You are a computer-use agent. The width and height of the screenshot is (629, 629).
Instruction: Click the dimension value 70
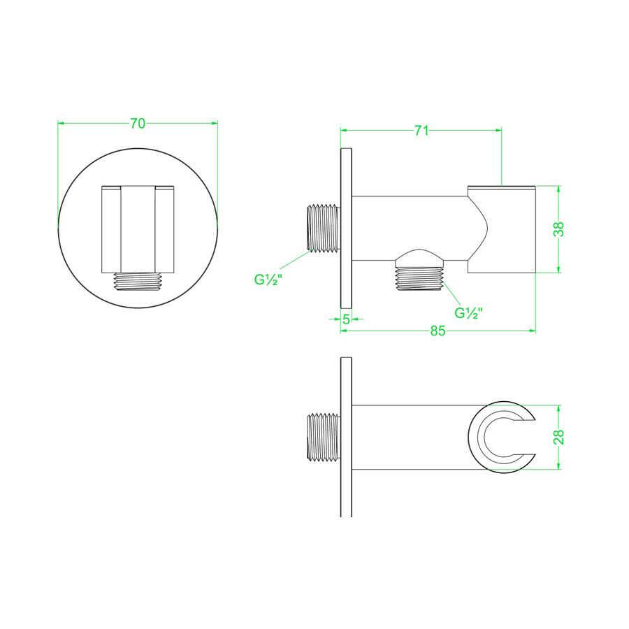click(138, 124)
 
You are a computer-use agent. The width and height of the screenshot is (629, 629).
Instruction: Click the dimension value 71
click(421, 130)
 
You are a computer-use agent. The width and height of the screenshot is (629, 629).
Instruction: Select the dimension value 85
click(438, 332)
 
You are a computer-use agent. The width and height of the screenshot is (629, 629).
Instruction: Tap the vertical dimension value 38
click(559, 229)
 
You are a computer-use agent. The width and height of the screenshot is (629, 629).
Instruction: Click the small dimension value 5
click(346, 319)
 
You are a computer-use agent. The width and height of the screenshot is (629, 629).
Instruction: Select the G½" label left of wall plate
click(267, 281)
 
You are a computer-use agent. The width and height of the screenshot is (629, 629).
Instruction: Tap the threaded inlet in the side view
click(323, 227)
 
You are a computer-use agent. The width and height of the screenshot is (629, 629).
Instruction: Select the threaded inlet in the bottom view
click(323, 438)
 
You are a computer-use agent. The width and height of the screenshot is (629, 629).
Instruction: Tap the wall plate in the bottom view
click(346, 437)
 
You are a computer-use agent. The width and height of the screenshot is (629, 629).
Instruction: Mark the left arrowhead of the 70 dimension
click(61, 124)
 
